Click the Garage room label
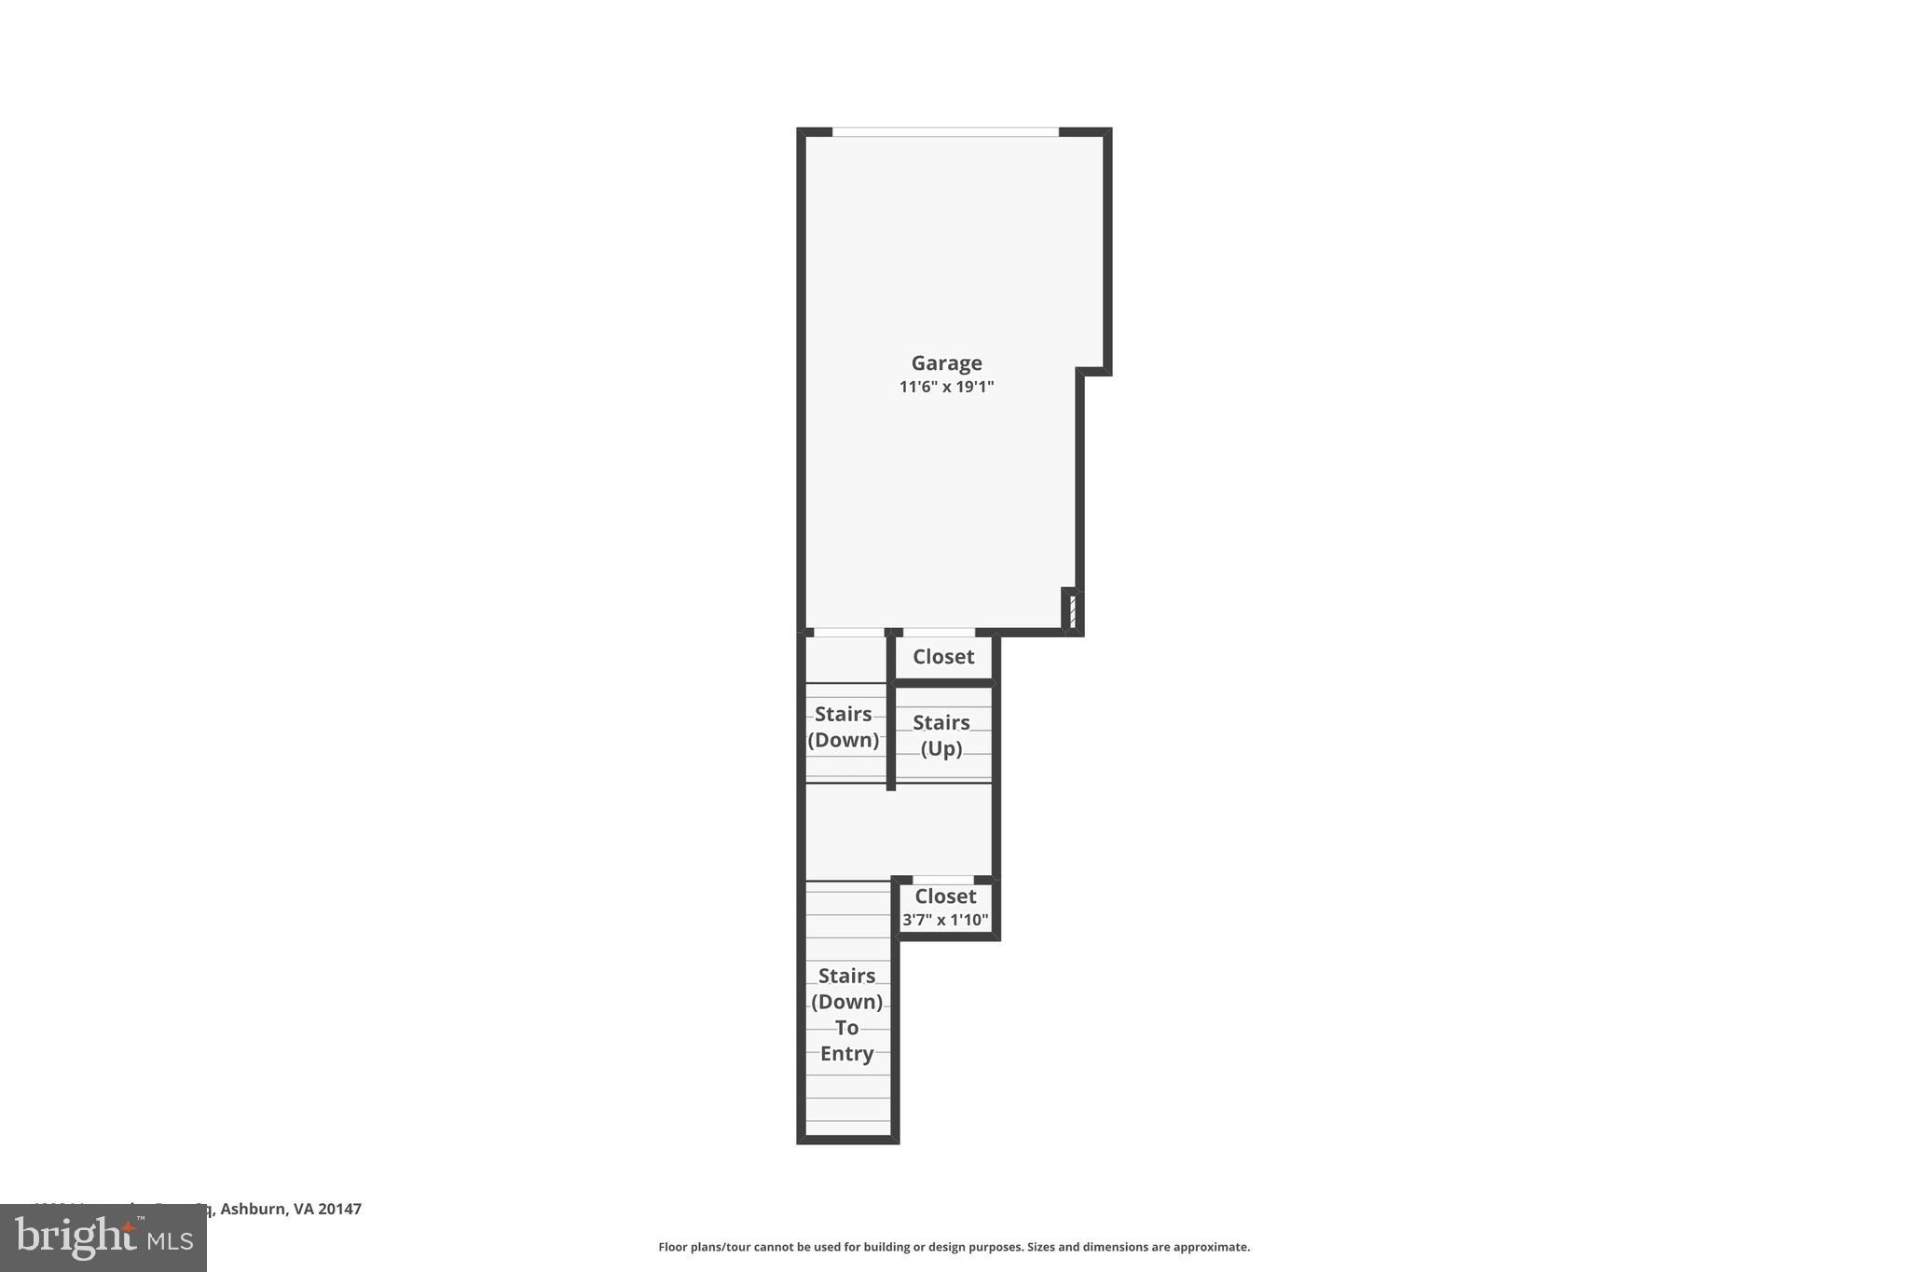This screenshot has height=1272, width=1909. [946, 362]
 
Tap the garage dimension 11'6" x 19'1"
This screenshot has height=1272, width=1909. [946, 387]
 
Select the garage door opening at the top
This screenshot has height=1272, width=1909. [945, 132]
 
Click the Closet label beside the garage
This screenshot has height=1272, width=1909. [943, 657]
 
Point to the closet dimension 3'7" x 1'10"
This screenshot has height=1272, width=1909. [945, 921]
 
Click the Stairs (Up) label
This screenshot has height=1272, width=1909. [941, 735]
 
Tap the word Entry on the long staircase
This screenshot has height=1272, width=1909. [846, 1054]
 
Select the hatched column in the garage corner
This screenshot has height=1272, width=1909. [1073, 612]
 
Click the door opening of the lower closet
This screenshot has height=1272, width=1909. [942, 881]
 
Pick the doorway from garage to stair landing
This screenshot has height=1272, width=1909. [848, 633]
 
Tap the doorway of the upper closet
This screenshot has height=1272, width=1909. [939, 633]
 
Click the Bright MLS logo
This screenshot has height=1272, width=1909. [103, 1238]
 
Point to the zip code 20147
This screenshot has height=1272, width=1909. [339, 1209]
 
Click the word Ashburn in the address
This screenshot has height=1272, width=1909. [253, 1209]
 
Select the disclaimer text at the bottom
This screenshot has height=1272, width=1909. [954, 1247]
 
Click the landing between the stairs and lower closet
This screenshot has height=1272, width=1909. [897, 831]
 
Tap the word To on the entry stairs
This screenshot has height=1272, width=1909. [846, 1028]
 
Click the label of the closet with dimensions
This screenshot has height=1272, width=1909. [945, 896]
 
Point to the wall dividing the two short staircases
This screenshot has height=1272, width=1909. [891, 736]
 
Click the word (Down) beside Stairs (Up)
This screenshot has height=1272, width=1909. [843, 740]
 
